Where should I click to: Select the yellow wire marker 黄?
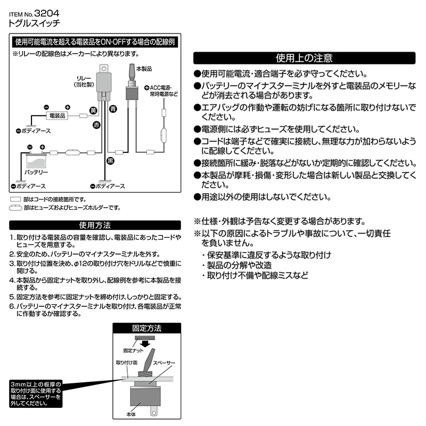[x=93, y=111]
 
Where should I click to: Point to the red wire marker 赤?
[x=96, y=125]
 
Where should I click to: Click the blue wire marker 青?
[x=112, y=109]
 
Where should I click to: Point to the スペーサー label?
[x=164, y=363]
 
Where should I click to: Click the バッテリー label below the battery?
[x=37, y=173]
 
